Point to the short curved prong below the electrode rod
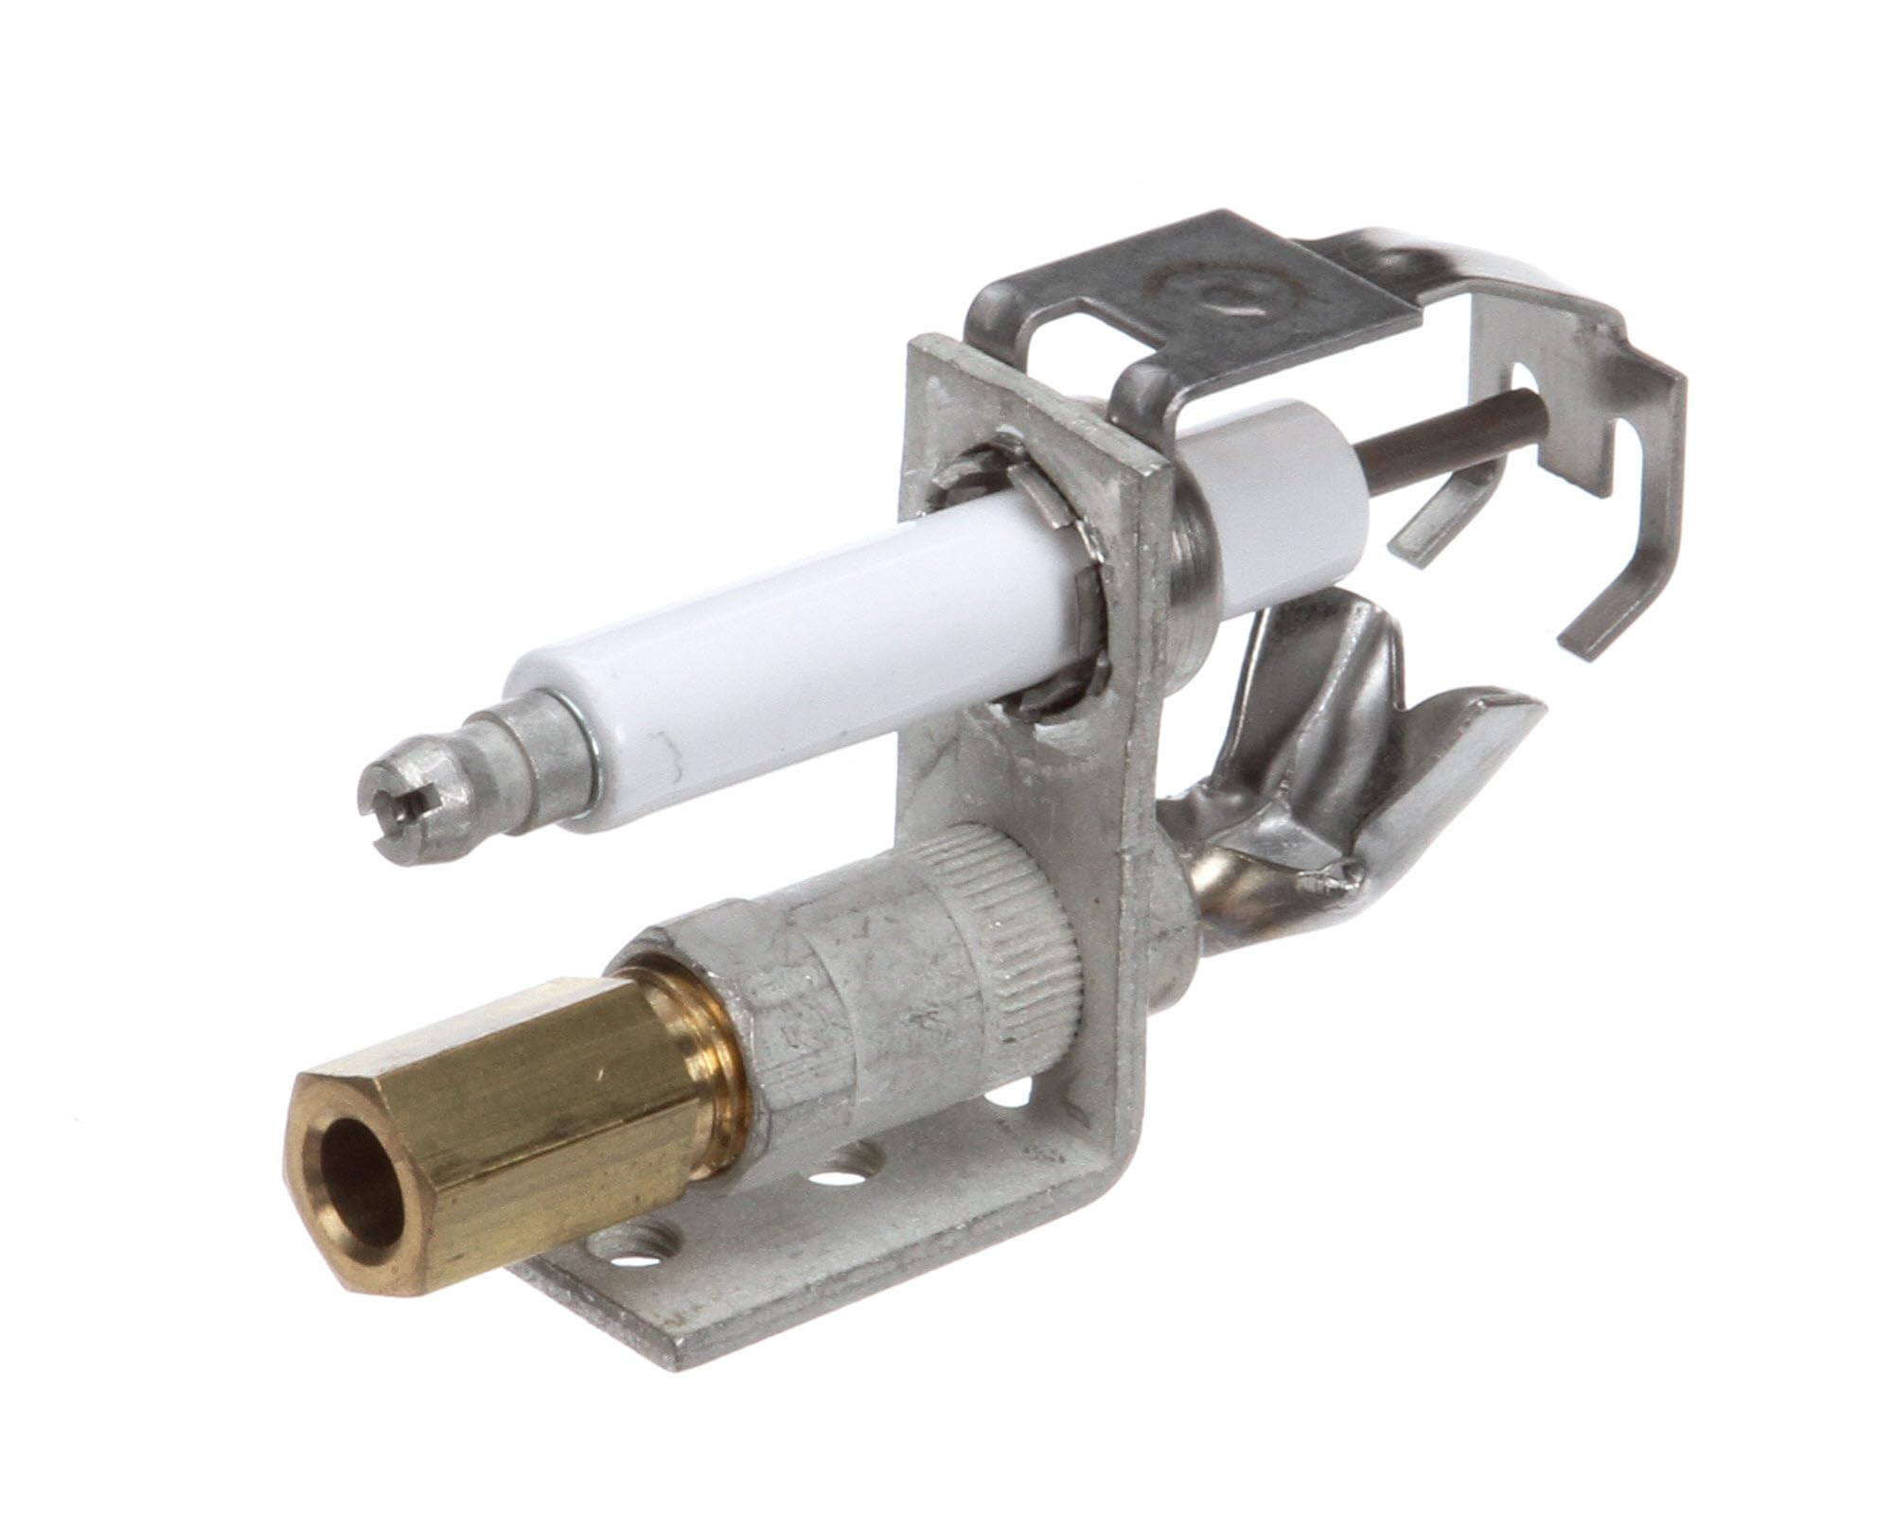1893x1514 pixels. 1448,539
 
